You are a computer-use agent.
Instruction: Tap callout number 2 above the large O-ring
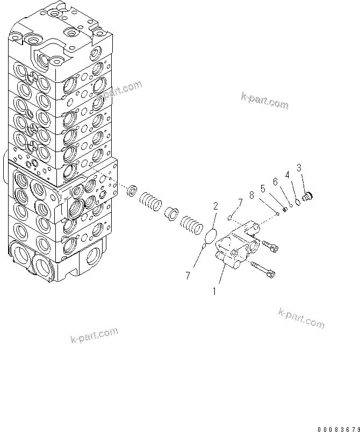click(215, 206)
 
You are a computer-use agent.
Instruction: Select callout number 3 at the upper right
click(299, 168)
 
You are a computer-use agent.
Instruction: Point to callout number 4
click(287, 175)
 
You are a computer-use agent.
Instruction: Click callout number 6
click(275, 182)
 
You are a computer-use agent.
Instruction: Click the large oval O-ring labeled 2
click(212, 235)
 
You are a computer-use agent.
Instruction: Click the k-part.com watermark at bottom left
click(94, 335)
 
